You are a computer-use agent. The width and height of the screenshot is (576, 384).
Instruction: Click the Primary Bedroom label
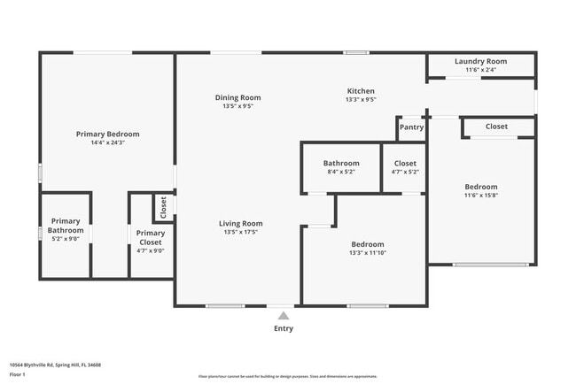point(107,134)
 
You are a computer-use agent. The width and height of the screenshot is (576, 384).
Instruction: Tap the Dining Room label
point(237,97)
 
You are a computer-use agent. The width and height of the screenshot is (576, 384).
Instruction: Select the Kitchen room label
point(361,91)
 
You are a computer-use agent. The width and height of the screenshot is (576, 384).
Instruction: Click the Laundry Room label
point(480,61)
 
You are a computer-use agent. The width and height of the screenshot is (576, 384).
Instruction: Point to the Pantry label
point(411,127)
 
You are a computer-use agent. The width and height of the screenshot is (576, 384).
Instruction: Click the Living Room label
point(241,223)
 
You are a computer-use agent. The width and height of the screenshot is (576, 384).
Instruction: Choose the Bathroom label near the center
point(341,163)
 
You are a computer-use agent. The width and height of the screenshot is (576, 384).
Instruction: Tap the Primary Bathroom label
point(66,226)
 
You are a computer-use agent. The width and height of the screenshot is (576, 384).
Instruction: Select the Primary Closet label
point(150,236)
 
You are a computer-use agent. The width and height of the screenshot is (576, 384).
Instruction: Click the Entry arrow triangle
point(283,314)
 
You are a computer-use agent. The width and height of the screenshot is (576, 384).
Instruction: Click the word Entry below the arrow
point(283,328)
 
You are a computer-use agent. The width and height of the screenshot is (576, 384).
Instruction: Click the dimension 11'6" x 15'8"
point(481,196)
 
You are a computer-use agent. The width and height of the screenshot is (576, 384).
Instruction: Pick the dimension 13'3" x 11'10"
point(367,253)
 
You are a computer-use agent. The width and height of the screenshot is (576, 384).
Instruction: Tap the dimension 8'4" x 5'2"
point(341,172)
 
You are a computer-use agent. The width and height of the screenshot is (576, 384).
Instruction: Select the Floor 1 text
point(16,374)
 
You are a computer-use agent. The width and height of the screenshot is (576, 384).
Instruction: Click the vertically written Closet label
point(163,207)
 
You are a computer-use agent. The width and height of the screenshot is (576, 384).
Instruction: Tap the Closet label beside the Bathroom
point(405,163)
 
